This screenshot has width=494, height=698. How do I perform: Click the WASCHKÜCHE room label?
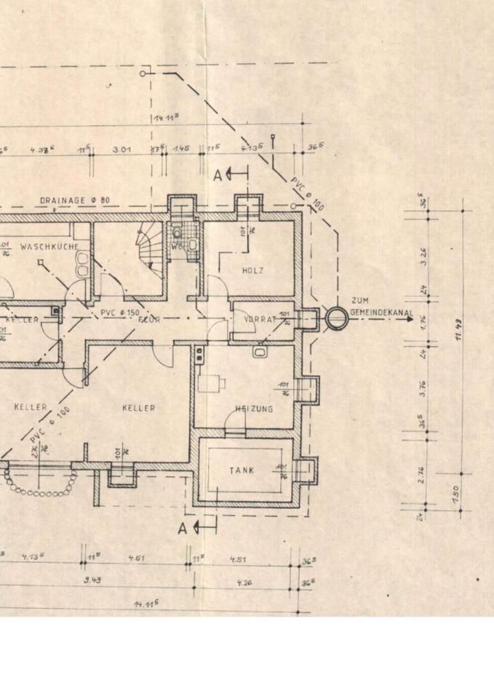[49, 247]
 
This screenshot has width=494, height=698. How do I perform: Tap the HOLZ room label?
[253, 271]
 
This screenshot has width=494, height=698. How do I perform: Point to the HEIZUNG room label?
[254, 409]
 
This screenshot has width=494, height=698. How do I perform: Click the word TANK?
[243, 470]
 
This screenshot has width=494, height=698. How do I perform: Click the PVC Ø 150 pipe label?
[121, 313]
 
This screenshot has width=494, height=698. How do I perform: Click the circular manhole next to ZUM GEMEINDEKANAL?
[336, 318]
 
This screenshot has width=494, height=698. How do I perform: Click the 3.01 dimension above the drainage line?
[121, 150]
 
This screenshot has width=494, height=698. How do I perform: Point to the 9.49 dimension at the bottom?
[92, 580]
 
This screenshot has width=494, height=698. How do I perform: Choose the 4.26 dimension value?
[244, 582]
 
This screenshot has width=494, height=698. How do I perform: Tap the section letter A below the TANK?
[183, 529]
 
